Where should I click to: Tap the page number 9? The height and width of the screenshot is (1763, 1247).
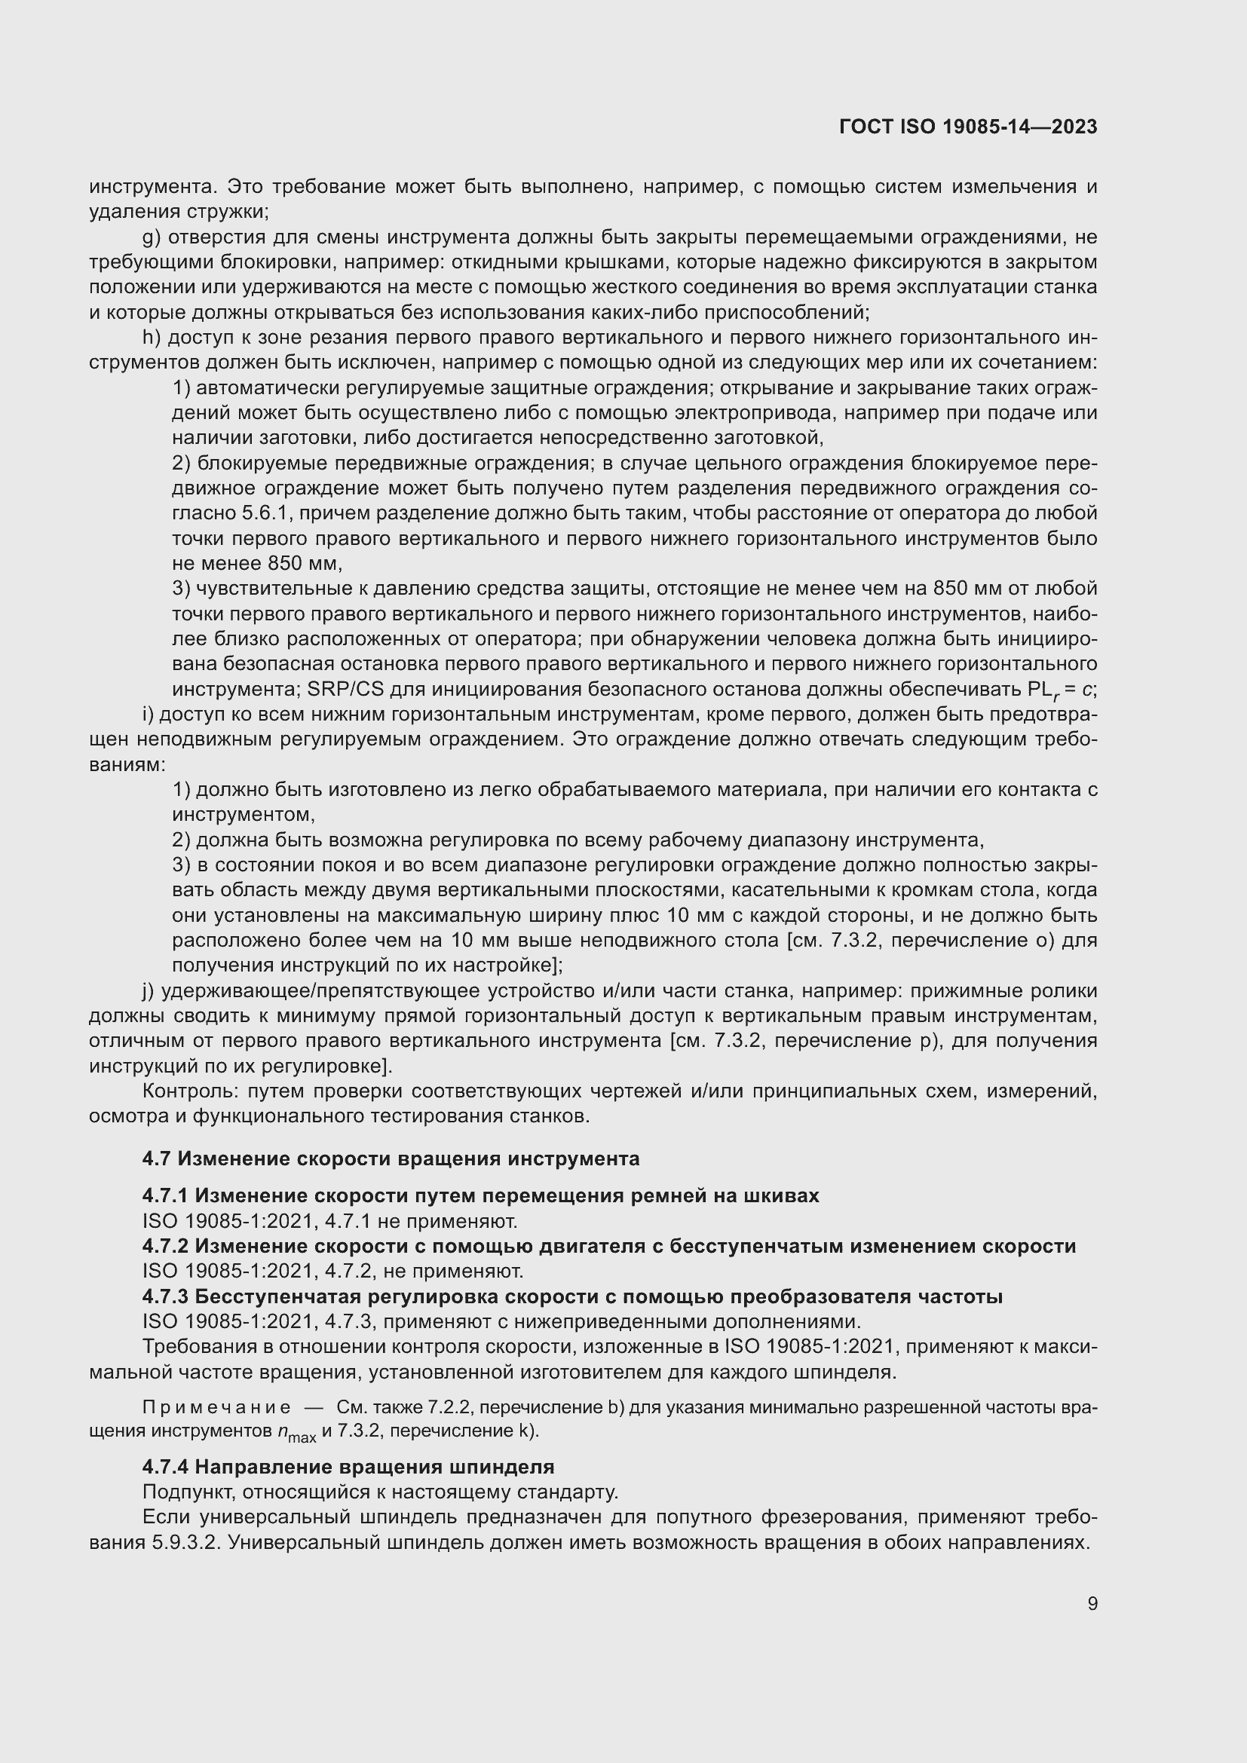point(1092,1603)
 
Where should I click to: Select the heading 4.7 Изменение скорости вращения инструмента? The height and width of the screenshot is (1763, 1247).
point(390,1158)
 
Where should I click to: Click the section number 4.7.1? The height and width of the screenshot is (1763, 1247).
point(165,1195)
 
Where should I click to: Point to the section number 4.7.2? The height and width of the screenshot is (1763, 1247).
point(165,1245)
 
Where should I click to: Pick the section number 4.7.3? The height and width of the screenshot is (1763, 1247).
point(165,1296)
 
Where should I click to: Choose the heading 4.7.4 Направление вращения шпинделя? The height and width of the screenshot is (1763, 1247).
point(348,1467)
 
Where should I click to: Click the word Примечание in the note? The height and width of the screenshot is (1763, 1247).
point(216,1406)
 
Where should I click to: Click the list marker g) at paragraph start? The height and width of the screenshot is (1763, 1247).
point(151,237)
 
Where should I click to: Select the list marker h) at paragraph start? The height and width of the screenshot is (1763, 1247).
point(151,337)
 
